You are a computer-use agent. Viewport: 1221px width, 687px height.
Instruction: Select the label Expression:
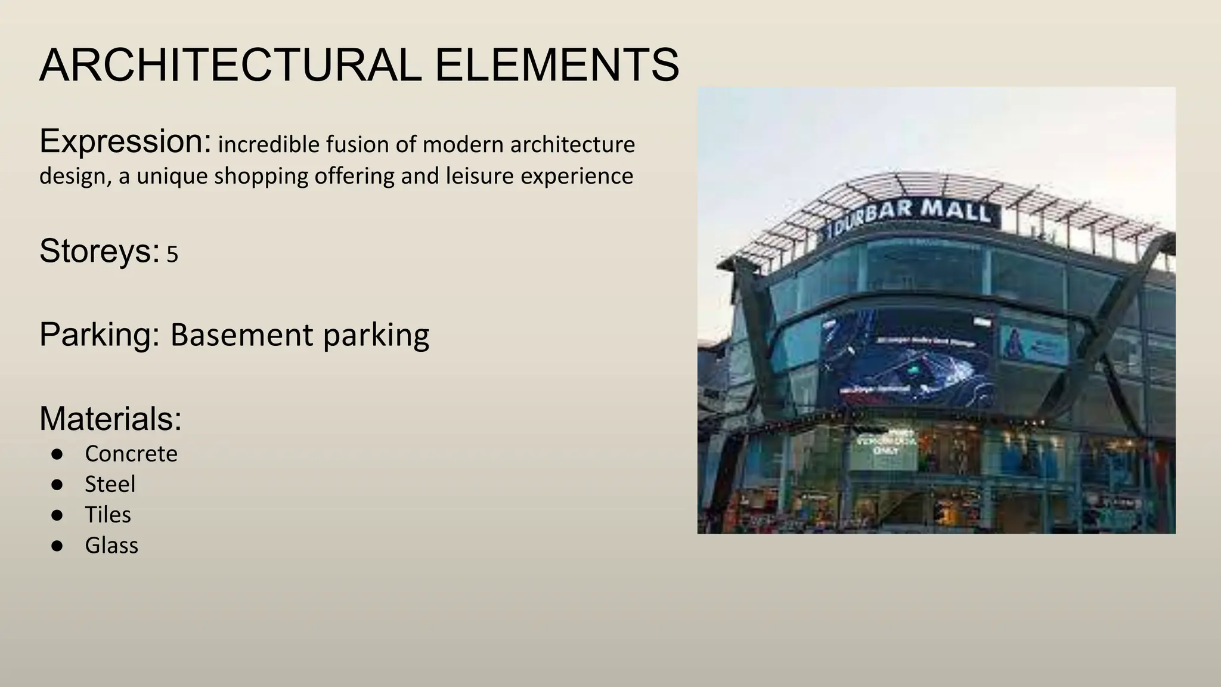coord(125,142)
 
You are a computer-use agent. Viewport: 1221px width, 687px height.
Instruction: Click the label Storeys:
coord(100,251)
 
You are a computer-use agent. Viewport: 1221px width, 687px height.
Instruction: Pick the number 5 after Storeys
coord(172,255)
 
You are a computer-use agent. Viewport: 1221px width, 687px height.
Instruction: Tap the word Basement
coord(242,335)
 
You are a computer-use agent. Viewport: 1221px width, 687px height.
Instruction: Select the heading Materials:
coord(110,419)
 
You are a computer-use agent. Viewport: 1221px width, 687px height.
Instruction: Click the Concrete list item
coord(131,454)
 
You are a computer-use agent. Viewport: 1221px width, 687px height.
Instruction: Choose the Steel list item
coord(110,484)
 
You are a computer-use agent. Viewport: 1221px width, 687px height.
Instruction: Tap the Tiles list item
coord(108,515)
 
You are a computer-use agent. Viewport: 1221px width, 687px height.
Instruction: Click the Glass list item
coord(111,546)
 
